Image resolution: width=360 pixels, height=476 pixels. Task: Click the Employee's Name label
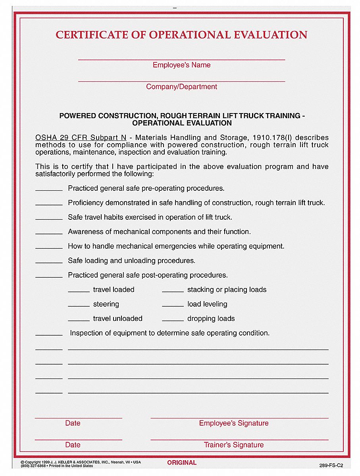tap(181, 65)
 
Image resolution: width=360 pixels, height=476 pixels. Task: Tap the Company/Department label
tap(181, 87)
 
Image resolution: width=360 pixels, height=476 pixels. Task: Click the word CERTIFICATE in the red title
tap(101, 35)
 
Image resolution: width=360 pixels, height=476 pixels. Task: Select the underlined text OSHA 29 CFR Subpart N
tap(81, 138)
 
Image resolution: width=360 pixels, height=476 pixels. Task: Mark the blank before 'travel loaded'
tap(79, 290)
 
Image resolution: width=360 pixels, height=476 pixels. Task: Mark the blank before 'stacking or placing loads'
tap(173, 290)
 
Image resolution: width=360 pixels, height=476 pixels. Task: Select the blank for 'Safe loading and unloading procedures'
tap(49, 261)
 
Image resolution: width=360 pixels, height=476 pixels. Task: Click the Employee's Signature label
tap(234, 423)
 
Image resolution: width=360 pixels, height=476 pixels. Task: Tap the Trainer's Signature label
tap(234, 445)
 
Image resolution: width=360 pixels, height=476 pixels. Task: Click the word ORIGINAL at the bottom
tap(182, 463)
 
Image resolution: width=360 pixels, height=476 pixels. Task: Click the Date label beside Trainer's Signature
tap(73, 445)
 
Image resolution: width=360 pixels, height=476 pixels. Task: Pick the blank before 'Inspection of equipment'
tap(49, 334)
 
